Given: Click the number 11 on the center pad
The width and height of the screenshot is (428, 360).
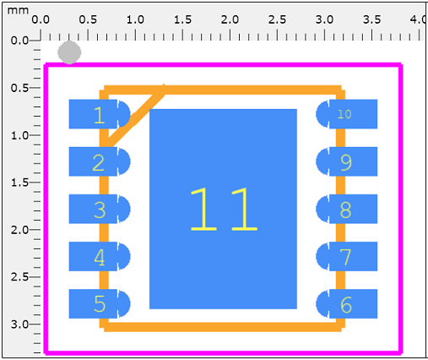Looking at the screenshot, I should click(223, 210).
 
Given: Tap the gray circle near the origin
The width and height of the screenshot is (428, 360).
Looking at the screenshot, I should click(69, 52).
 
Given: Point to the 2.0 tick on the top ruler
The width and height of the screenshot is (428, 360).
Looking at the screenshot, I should click(230, 35).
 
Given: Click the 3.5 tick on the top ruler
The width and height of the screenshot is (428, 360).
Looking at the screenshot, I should click(371, 35).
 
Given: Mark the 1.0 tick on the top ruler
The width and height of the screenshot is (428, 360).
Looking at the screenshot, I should click(135, 35).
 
